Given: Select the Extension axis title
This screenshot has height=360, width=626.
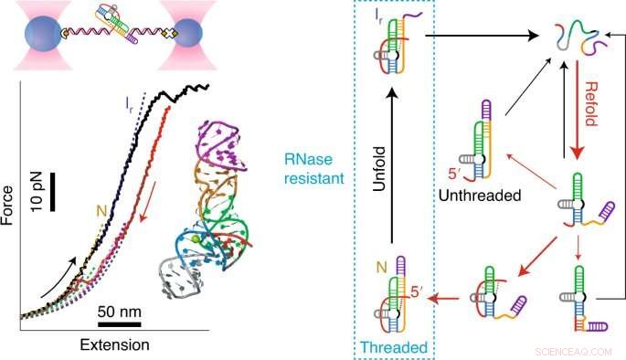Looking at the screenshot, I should click(113, 344).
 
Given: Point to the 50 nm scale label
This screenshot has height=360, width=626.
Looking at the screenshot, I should click(117, 307).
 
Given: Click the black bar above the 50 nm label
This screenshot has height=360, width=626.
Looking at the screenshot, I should click(116, 321).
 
